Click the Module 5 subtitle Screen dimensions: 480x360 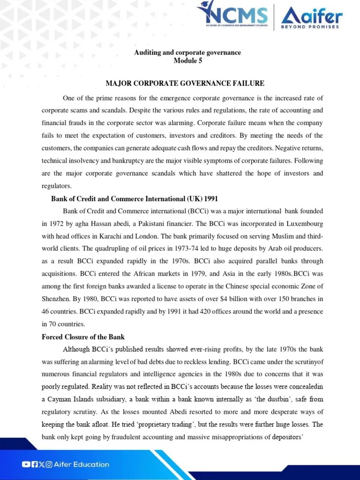(x=187, y=61)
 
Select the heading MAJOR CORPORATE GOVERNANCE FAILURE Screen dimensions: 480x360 (x=185, y=83)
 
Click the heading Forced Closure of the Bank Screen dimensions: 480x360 (x=83, y=337)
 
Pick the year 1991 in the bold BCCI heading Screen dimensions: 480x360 (x=210, y=198)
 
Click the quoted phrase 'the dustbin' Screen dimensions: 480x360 (x=255, y=399)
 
